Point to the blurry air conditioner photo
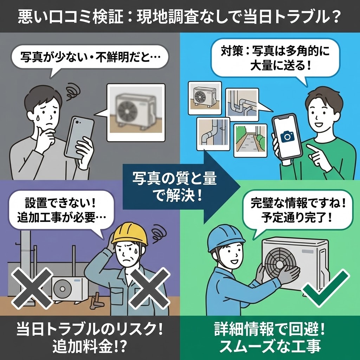[136, 112]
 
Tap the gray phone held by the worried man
[78, 137]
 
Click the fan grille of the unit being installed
[280, 262]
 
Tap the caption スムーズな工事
[270, 346]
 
